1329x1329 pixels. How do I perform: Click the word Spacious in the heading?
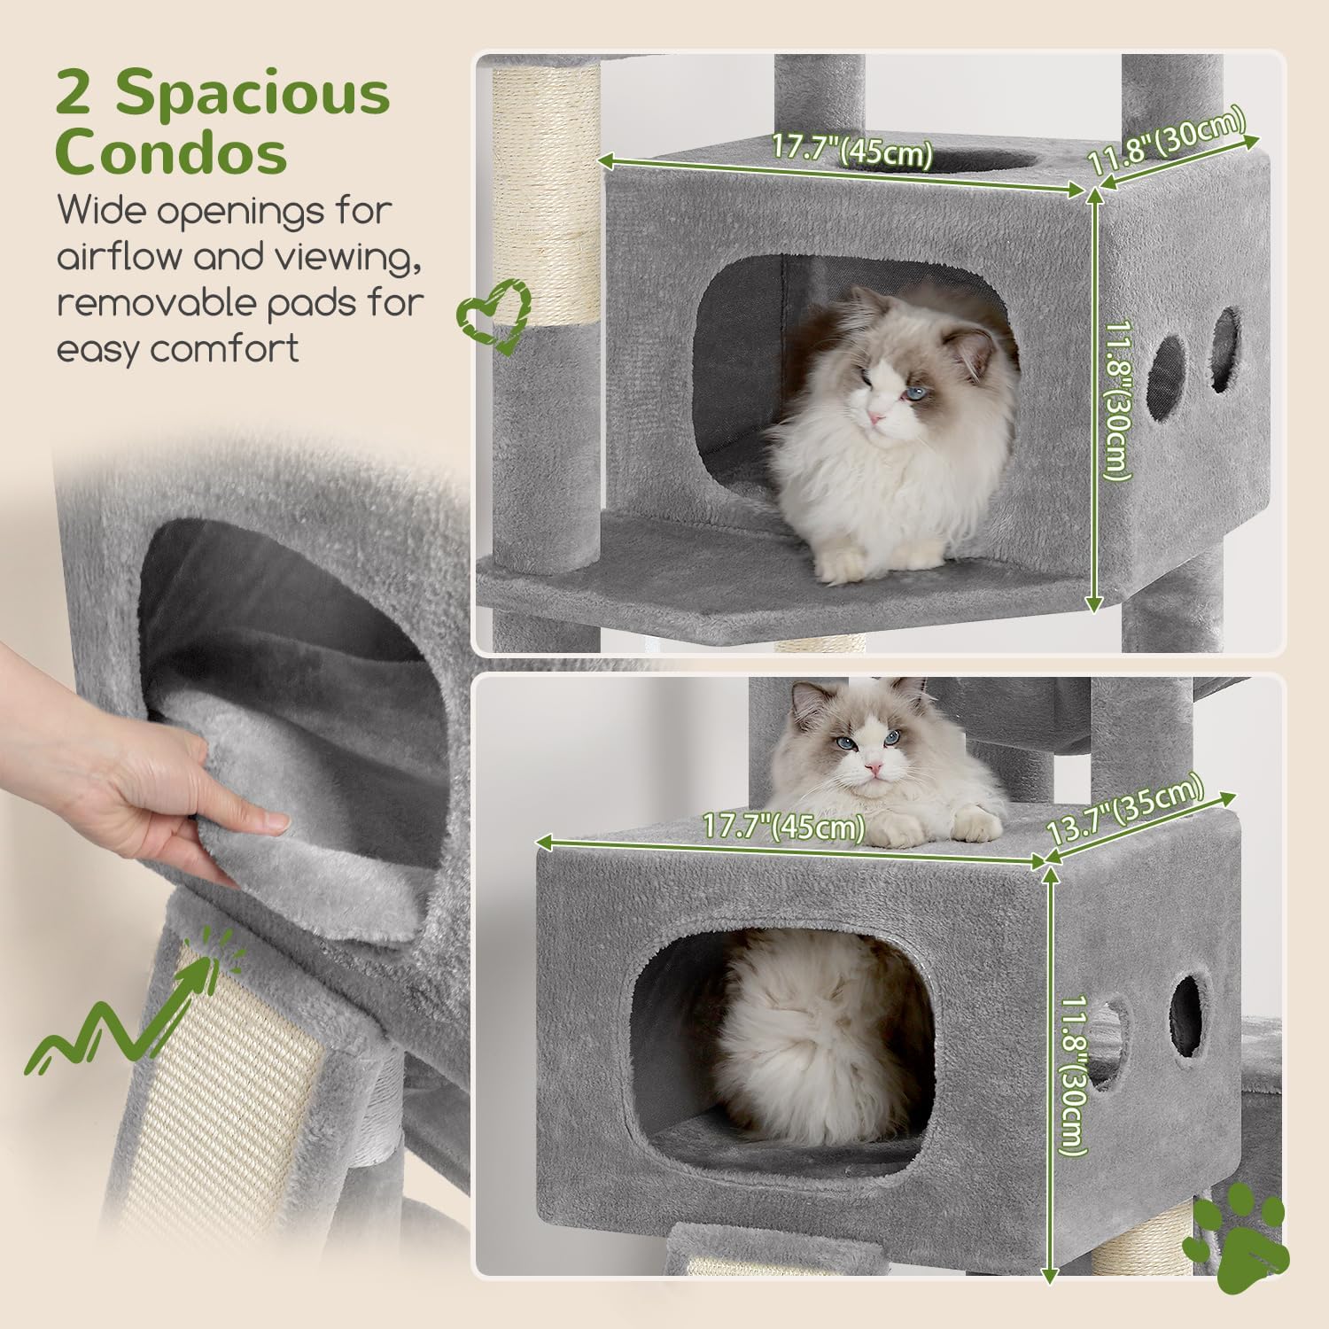[x=253, y=93]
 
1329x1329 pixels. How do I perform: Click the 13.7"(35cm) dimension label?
[x=1125, y=810]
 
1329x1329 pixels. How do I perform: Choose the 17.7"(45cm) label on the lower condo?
[x=783, y=826]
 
